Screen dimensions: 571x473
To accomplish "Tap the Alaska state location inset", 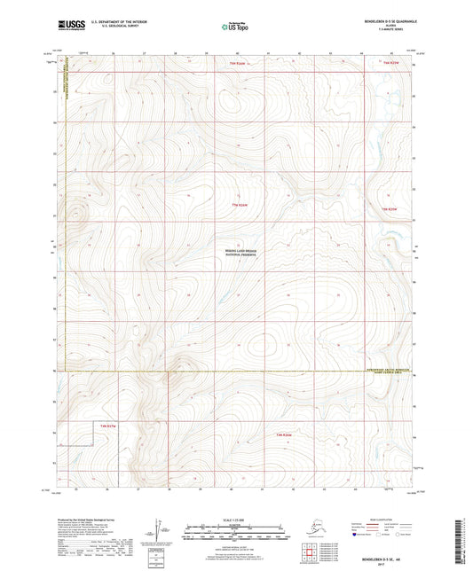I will coord(319,530).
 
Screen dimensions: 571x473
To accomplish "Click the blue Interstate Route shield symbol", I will coord(358,535).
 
